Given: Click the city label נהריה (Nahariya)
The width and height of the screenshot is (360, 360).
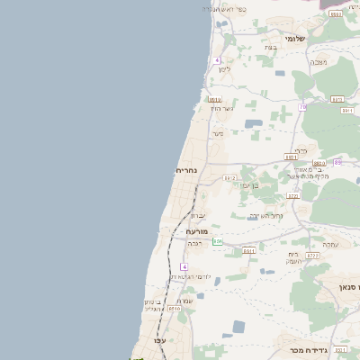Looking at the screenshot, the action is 186,169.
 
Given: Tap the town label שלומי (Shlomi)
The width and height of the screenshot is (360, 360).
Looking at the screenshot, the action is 295,39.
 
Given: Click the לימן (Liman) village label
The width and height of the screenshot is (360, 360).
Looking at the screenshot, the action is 223,68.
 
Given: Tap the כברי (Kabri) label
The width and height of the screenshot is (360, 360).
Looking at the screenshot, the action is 301,151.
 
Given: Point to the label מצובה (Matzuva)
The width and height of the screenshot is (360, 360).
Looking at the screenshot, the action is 319,61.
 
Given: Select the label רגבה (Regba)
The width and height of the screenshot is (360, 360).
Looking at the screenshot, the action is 194,243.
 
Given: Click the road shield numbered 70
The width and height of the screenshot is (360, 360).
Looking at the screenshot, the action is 303,107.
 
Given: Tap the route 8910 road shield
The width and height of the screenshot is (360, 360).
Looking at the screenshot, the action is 214,99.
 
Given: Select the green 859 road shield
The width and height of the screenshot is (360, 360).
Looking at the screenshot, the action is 217,241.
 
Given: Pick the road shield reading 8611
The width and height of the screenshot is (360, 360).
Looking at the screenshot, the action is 248,251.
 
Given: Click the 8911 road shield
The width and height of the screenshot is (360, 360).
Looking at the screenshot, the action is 346,111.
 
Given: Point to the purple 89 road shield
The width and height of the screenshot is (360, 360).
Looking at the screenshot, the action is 337,162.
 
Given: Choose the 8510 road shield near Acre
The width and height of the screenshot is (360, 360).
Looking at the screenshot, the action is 174,309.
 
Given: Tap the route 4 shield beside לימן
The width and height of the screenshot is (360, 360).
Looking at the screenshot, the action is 217,60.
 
